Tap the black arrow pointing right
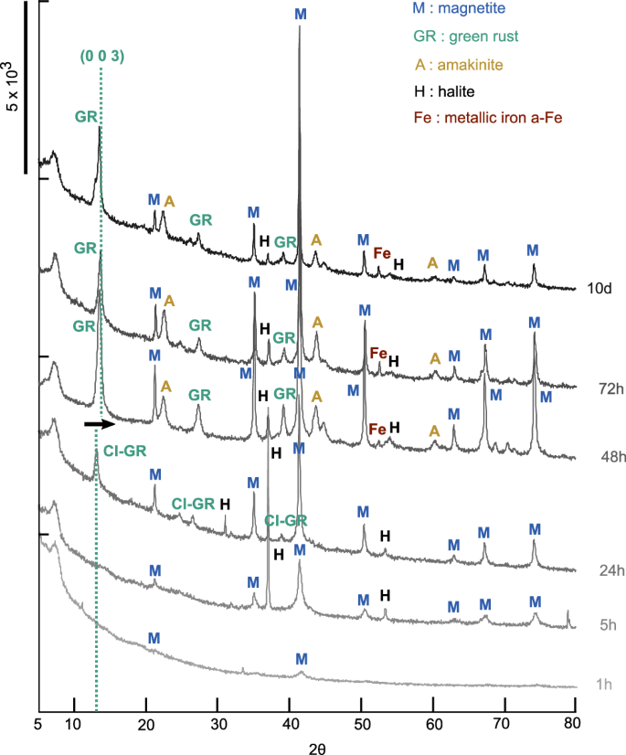coord(99,424)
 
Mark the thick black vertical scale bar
coord(26,87)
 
